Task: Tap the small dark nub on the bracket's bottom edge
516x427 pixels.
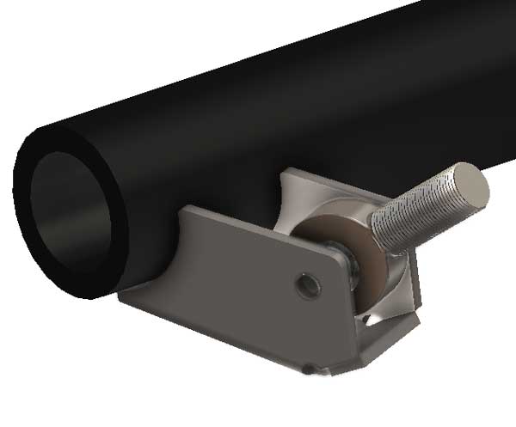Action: click(307, 371)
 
